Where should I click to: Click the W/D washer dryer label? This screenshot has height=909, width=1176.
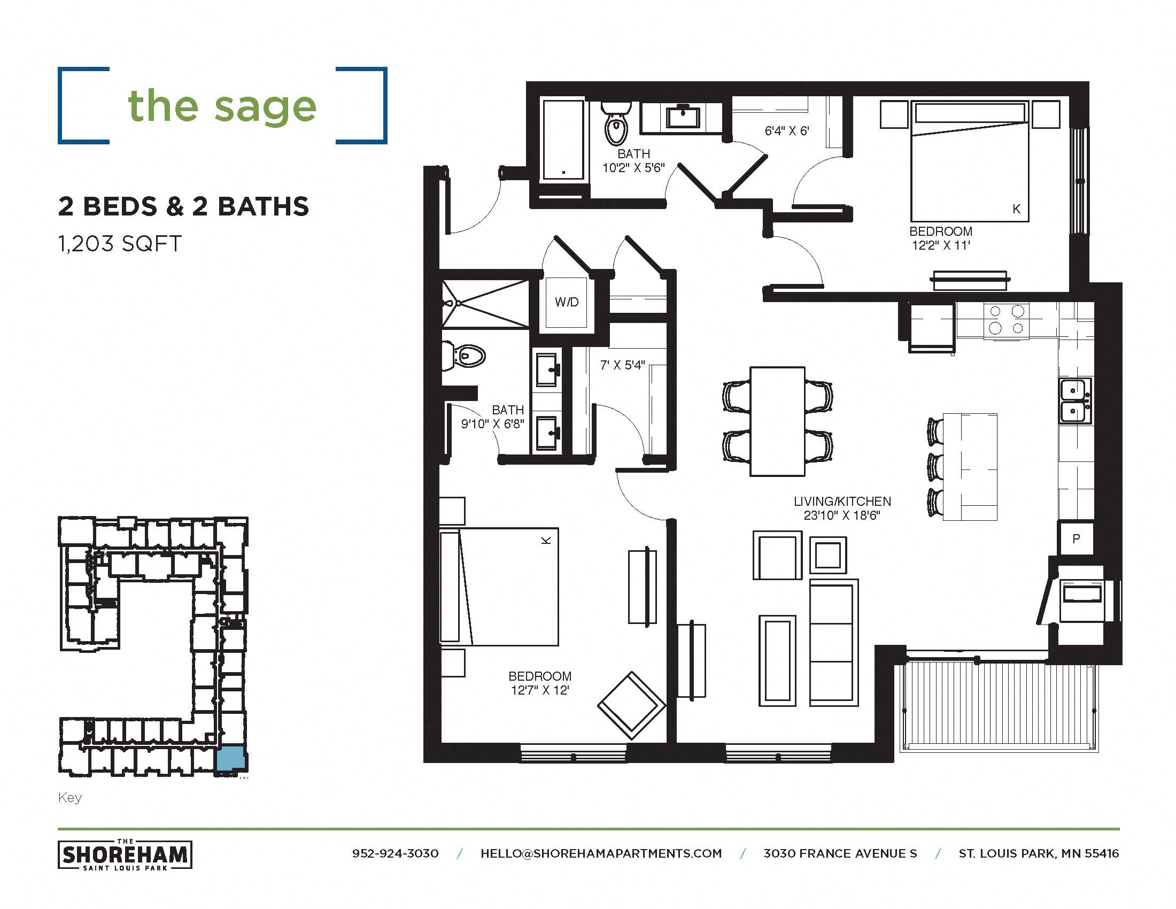567,302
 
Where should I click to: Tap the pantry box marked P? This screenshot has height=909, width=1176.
1076,538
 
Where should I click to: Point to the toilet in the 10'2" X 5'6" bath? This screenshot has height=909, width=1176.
615,125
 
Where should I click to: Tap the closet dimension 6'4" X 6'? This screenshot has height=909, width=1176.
787,131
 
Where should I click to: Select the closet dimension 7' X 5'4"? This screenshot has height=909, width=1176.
622,365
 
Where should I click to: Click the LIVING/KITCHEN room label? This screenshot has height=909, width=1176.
842,502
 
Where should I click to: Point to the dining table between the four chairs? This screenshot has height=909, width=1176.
778,422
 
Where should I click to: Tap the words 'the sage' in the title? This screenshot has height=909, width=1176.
222,106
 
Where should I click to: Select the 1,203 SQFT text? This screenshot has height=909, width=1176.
120,244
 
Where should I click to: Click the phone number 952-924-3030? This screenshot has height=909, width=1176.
395,853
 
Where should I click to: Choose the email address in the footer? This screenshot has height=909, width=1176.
601,853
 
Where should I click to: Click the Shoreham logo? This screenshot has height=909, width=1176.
125,854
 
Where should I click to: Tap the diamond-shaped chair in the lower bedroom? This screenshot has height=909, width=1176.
631,705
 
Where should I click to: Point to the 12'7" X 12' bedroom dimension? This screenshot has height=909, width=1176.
539,690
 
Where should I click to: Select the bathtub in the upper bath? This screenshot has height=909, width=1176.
563,140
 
